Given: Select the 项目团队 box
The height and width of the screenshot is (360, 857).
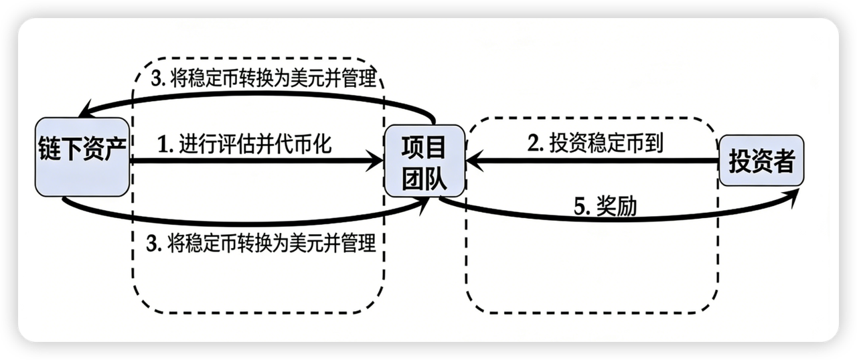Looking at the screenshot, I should point(424,161).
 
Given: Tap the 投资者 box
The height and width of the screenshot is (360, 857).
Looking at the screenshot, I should point(761,161).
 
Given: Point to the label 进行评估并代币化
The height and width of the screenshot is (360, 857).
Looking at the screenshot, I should point(254,145).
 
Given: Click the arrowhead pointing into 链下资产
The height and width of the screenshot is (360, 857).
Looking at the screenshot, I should point(83,109).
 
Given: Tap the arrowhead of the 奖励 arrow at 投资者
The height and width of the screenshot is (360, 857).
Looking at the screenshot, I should point(794,193).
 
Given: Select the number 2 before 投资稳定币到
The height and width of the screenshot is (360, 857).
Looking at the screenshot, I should point(534,144).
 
